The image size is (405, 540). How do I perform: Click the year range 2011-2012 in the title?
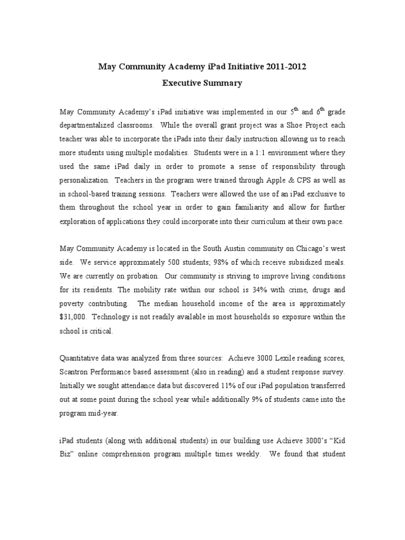coord(285,67)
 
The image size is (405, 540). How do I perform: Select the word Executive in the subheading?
coord(184,83)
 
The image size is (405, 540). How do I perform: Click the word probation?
coord(139,276)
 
